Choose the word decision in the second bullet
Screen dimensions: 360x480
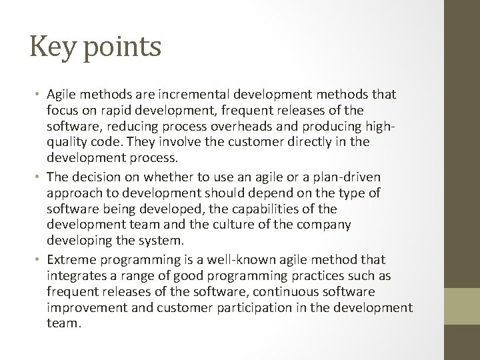pos(92,177)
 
